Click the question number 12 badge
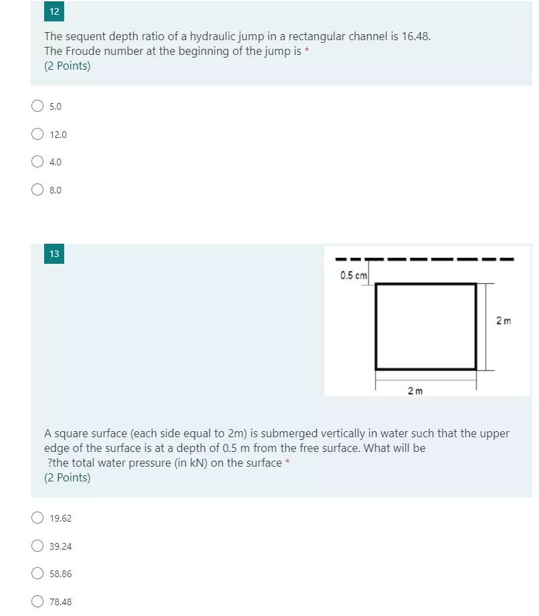pos(54,11)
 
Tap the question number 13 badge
pos(54,254)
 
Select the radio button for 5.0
pos(37,106)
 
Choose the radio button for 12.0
pos(37,134)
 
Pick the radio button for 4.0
pos(37,161)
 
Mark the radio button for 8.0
pos(37,189)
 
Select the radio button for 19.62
pos(37,518)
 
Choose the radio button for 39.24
pos(37,546)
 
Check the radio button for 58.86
pos(37,574)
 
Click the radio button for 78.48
pos(37,601)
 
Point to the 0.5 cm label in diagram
pos(353,275)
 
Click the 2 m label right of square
pos(504,321)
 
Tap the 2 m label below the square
pos(415,390)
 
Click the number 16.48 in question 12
pos(415,36)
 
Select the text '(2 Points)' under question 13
pos(67,477)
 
